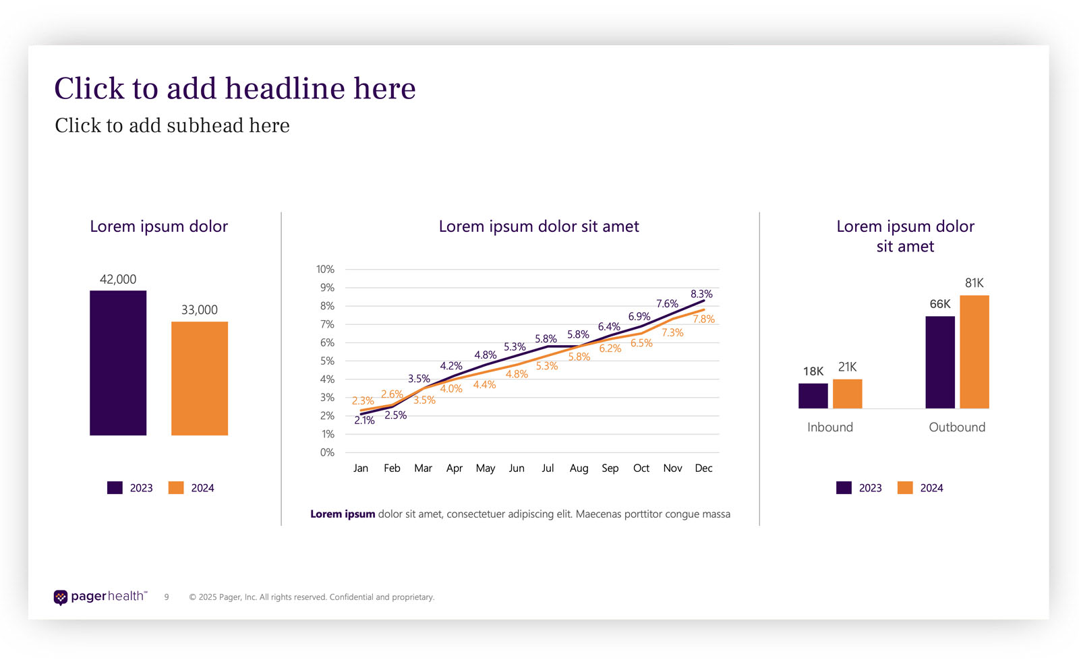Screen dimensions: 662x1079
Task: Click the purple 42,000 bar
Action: coord(118,363)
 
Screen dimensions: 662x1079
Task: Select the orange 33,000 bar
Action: coord(200,378)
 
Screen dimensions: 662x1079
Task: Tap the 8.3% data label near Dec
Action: coord(701,294)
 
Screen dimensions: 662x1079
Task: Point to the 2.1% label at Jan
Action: coord(364,421)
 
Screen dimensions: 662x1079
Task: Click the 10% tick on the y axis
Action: coord(325,269)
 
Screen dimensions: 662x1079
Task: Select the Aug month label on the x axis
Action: coord(579,468)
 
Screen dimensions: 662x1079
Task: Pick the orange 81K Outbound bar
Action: coord(974,352)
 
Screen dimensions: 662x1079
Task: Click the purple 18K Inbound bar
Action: coord(813,396)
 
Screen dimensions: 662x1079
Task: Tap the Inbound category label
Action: coord(830,427)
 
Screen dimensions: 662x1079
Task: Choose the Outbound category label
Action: coord(957,427)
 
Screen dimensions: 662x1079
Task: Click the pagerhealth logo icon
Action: coord(61,597)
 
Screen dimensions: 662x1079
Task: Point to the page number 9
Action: coord(167,597)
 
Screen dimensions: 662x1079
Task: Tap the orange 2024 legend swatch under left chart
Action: coord(176,488)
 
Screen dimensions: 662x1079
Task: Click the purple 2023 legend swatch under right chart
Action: coord(844,488)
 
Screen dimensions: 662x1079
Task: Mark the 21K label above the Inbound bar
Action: coord(848,367)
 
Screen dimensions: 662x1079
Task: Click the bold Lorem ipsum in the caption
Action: coord(343,514)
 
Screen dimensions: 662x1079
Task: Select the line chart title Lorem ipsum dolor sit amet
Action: coord(539,227)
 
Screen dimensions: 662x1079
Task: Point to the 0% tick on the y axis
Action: coord(327,452)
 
